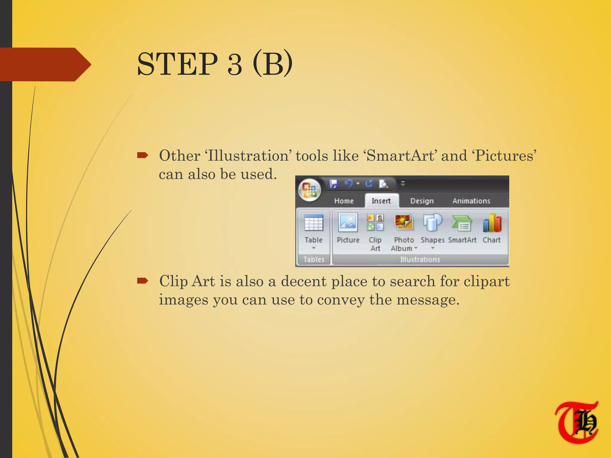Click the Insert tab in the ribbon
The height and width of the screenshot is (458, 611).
tap(381, 201)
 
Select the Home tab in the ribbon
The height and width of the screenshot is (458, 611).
tap(344, 201)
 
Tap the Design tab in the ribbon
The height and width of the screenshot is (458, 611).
tap(422, 201)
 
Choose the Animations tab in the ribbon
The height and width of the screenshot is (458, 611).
tap(471, 201)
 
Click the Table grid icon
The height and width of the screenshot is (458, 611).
tap(314, 223)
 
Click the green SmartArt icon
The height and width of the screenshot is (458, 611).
tap(462, 223)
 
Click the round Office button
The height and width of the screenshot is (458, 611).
tap(309, 190)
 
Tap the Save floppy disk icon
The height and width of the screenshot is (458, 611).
tap(334, 184)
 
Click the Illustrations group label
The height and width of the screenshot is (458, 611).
tap(420, 259)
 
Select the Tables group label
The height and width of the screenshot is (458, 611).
tap(314, 259)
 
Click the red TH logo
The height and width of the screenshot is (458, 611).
tap(577, 423)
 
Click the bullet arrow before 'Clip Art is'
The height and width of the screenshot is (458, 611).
tap(143, 281)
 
